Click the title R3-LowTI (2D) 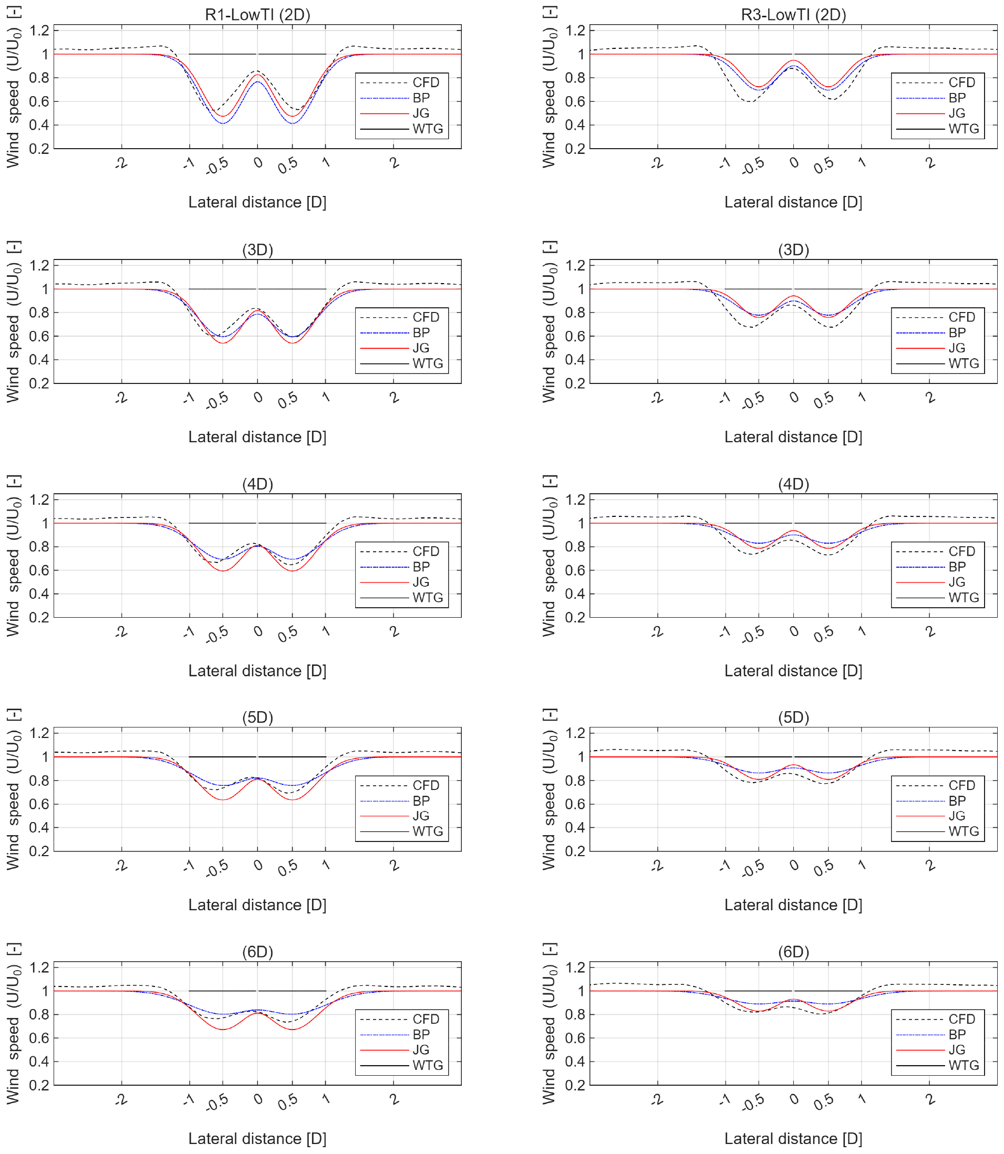[793, 15]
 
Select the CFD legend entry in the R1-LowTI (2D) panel [426, 82]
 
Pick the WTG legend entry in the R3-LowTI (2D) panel [964, 129]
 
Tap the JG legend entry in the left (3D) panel [421, 348]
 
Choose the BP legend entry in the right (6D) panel [957, 1034]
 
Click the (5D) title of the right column [793, 718]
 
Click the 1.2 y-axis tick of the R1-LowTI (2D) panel [39, 30]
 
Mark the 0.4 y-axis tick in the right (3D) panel [575, 360]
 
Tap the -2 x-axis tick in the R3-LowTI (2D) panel [657, 163]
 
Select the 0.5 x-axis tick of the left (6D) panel [287, 1102]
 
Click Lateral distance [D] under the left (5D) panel [257, 905]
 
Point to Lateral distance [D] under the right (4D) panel [793, 671]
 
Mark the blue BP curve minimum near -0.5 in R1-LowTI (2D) [223, 123]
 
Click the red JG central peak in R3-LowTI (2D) [793, 60]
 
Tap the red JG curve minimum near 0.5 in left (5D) [292, 799]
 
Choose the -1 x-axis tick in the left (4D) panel [189, 632]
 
